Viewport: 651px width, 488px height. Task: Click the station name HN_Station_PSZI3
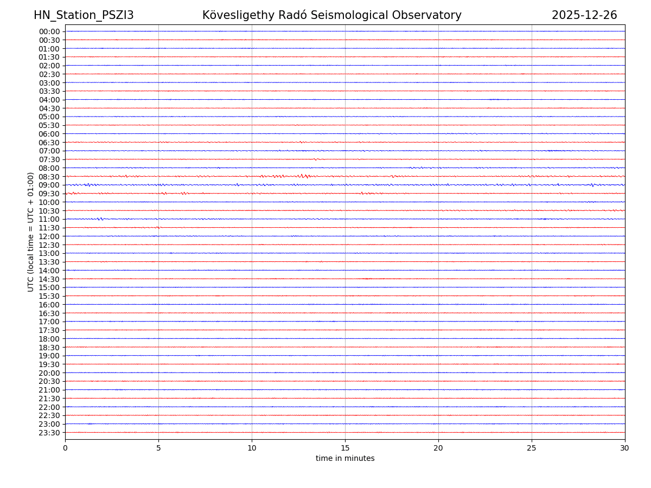[84, 16]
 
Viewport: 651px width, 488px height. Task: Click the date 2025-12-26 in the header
[584, 16]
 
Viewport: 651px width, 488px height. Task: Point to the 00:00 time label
[49, 31]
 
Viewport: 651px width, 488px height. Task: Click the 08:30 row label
[49, 177]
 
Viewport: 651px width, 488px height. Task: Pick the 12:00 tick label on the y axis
[49, 236]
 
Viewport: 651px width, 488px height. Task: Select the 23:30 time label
[49, 433]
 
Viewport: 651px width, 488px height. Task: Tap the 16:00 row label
[49, 305]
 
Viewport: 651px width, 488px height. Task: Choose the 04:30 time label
[49, 108]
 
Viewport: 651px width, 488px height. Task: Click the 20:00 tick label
[49, 373]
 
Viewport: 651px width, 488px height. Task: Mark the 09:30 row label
[49, 194]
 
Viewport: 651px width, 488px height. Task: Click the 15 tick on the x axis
[345, 448]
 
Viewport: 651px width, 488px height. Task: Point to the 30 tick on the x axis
[625, 448]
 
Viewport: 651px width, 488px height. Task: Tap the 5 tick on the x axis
[158, 448]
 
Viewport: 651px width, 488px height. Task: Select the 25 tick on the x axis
[532, 448]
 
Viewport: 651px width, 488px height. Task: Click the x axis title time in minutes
[345, 459]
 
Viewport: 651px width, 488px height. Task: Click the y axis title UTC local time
[31, 232]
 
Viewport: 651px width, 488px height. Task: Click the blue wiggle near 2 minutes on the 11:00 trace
[100, 219]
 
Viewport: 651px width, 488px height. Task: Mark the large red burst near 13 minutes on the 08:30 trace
[303, 176]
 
